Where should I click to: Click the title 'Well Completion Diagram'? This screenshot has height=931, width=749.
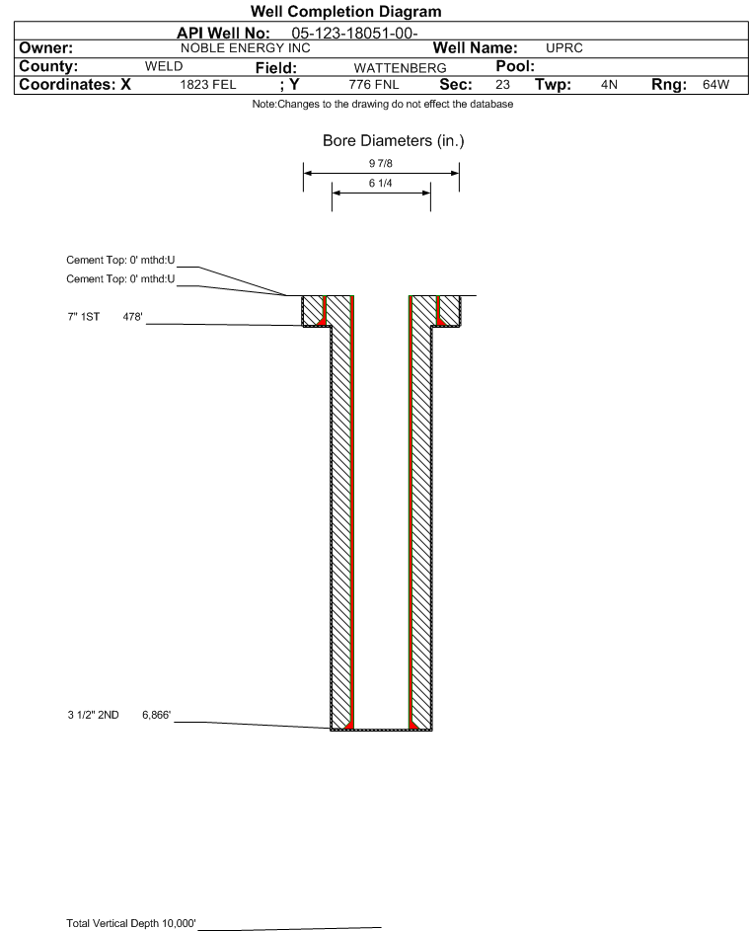[x=346, y=11]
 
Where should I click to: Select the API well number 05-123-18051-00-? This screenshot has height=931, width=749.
[x=354, y=34]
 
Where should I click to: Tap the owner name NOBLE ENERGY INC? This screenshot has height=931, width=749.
[x=245, y=48]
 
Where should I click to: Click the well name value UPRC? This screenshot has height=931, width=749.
[x=563, y=48]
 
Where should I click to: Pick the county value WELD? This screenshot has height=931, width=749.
[x=164, y=66]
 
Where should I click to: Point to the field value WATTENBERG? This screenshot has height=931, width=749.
[x=400, y=68]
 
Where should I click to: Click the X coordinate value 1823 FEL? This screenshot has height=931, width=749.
[x=207, y=85]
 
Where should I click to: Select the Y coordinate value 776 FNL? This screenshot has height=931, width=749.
[x=374, y=85]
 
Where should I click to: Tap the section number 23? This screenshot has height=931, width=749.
[x=502, y=85]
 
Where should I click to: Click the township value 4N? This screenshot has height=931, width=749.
[x=609, y=85]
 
